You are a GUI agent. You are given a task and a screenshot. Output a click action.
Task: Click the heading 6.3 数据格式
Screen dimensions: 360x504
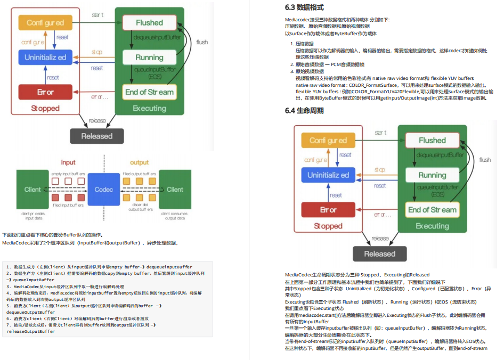click(304, 8)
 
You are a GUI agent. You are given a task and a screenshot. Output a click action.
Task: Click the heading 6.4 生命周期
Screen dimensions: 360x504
click(304, 110)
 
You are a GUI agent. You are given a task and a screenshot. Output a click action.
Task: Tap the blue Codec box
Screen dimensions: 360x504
click(104, 189)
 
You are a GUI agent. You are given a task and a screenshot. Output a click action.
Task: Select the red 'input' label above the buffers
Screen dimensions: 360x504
click(68, 162)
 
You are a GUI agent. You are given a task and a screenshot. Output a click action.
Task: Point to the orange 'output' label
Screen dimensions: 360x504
click(140, 162)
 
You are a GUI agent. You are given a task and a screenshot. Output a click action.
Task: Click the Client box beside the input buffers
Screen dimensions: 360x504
click(32, 189)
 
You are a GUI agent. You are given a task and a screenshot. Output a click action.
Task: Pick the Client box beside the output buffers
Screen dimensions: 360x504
click(175, 189)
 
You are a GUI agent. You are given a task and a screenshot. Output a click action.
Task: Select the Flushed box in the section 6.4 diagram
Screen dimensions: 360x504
click(432, 141)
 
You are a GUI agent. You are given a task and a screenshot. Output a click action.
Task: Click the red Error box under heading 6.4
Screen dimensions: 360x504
click(328, 210)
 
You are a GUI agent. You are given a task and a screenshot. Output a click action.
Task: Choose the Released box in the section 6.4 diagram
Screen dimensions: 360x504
click(380, 254)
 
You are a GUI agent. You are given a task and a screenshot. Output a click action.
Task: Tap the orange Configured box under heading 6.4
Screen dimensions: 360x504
click(328, 141)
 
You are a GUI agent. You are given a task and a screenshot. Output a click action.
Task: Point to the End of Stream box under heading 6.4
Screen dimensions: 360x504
click(432, 210)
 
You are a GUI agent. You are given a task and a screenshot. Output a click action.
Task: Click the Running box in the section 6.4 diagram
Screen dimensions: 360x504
click(432, 175)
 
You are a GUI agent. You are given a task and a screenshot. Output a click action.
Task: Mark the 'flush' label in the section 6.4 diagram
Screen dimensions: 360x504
click(485, 160)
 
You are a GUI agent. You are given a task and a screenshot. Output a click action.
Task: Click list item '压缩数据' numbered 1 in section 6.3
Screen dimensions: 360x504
click(305, 44)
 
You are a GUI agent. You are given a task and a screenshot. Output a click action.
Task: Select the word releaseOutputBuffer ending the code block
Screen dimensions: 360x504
click(30, 331)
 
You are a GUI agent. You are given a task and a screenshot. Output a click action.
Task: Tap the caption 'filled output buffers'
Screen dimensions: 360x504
click(139, 174)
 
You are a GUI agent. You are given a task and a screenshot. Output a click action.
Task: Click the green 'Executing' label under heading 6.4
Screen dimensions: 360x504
click(432, 226)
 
